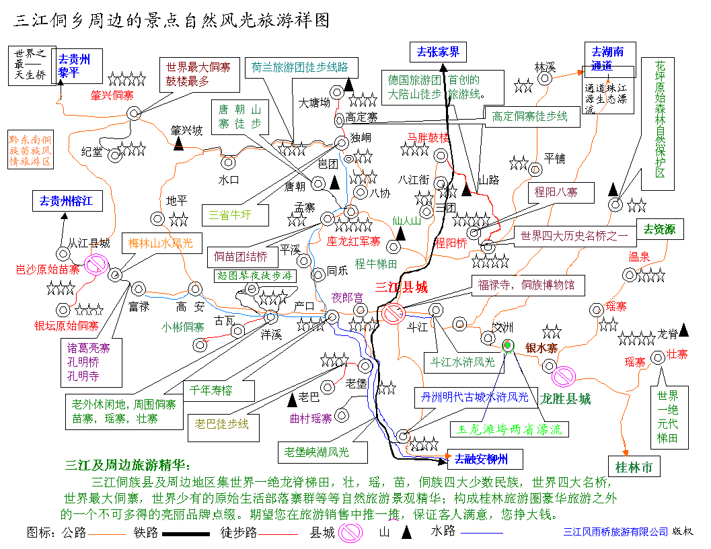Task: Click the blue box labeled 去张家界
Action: pyautogui.click(x=438, y=52)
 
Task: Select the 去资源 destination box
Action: pyautogui.click(x=659, y=229)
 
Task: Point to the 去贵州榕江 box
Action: pyautogui.click(x=66, y=200)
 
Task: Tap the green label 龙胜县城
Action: pyautogui.click(x=566, y=399)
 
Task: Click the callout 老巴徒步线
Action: pyautogui.click(x=221, y=424)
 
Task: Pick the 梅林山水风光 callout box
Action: pyautogui.click(x=161, y=243)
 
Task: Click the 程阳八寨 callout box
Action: pyautogui.click(x=556, y=192)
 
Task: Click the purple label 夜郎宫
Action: pyautogui.click(x=348, y=298)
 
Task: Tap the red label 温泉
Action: pyautogui.click(x=639, y=257)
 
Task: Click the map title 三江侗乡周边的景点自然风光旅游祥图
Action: pyautogui.click(x=172, y=20)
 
